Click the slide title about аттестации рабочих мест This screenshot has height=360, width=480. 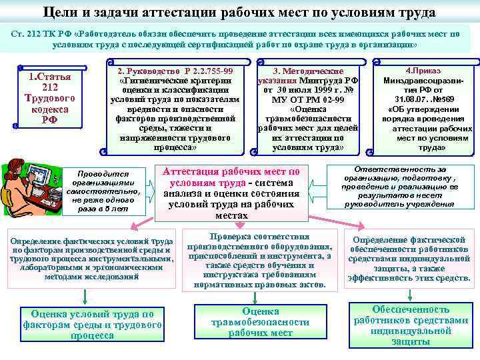pyautogui.click(x=239, y=12)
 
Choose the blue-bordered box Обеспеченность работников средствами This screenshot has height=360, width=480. pyautogui.click(x=411, y=325)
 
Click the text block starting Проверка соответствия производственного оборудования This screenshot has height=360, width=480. pyautogui.click(x=259, y=260)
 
